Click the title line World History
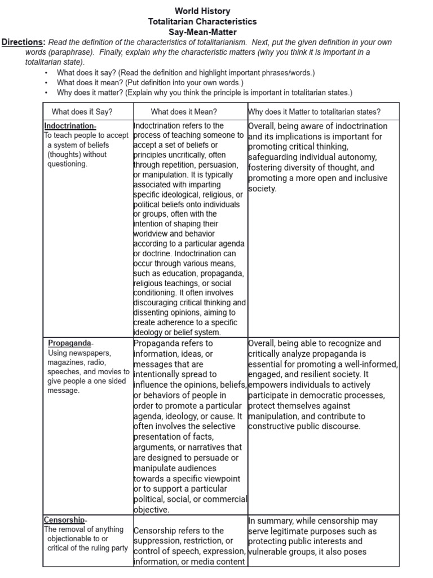pyautogui.click(x=202, y=11)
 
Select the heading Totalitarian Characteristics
pyautogui.click(x=202, y=21)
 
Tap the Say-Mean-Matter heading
pyautogui.click(x=202, y=32)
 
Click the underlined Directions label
pyautogui.click(x=23, y=42)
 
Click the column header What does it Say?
pyautogui.click(x=82, y=112)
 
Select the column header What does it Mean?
pyautogui.click(x=184, y=112)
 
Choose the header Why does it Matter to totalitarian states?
pyautogui.click(x=314, y=112)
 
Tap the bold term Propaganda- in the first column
pyautogui.click(x=70, y=343)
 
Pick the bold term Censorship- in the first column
pyautogui.click(x=65, y=520)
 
